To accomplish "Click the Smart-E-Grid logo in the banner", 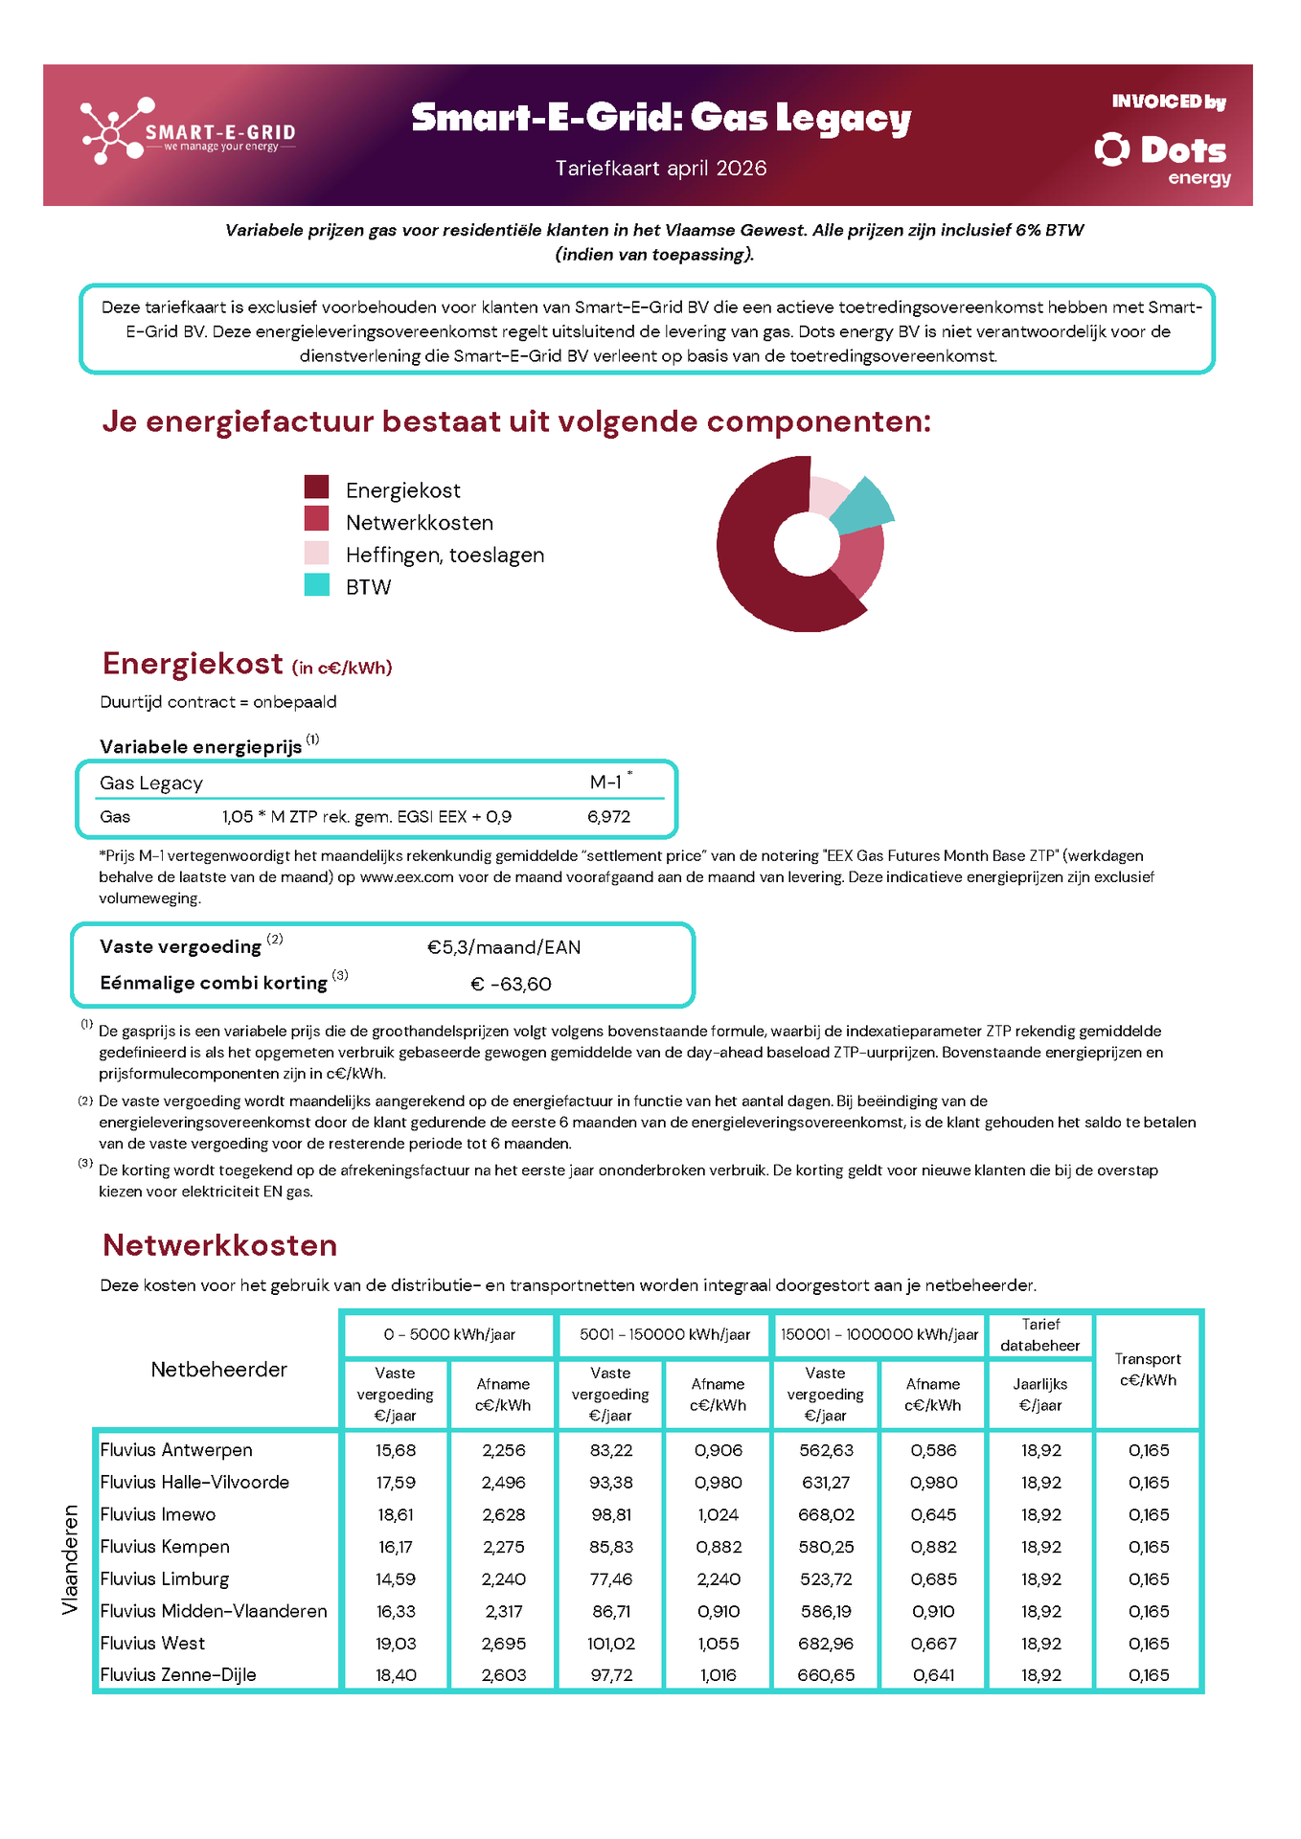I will (x=187, y=132).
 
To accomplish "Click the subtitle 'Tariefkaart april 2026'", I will (x=661, y=169).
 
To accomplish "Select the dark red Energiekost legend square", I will (x=316, y=487).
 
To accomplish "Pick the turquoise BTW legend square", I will (x=316, y=584).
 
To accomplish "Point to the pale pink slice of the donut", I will (x=826, y=494).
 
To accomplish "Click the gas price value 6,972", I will (x=609, y=817).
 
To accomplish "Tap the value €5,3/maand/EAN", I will (x=504, y=947).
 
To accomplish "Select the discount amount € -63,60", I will (x=512, y=984).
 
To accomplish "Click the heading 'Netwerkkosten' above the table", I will (x=219, y=1245).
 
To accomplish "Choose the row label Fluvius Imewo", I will (x=158, y=1514).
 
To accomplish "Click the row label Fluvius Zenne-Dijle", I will (x=178, y=1675).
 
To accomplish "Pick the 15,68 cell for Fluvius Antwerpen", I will (x=396, y=1450).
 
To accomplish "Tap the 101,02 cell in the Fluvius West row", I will (x=611, y=1644).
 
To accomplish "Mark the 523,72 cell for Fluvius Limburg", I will (x=826, y=1578).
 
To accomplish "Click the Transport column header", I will (x=1148, y=1370).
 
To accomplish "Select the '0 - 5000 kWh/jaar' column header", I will (x=449, y=1334).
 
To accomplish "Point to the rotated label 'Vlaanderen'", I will (x=70, y=1559).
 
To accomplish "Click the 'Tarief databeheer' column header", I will (x=1040, y=1334).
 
